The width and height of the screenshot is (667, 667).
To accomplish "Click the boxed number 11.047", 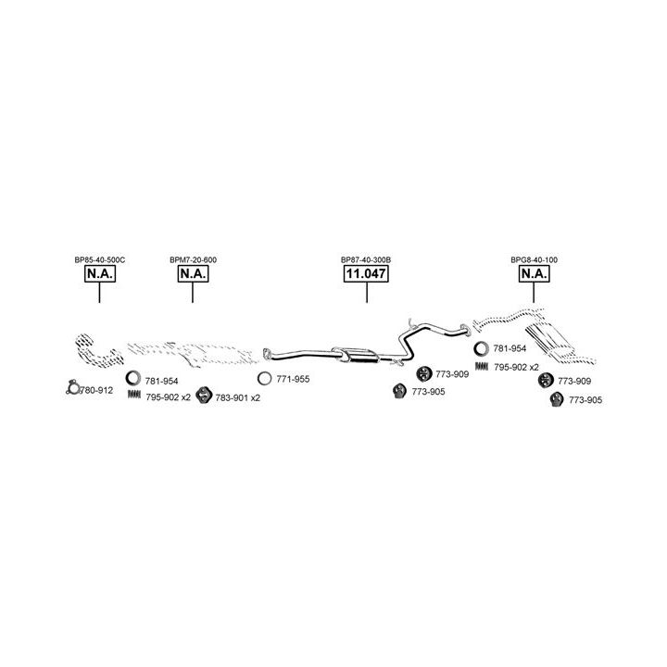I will [x=366, y=275].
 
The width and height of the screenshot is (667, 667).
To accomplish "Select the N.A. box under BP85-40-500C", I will [x=99, y=275].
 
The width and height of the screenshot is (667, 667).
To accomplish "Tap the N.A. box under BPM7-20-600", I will [x=193, y=275].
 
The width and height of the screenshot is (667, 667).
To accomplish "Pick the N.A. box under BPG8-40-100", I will [x=534, y=275].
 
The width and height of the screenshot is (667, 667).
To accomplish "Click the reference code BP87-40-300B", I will [x=366, y=260].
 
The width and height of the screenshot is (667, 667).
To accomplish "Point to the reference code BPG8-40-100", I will [x=534, y=260].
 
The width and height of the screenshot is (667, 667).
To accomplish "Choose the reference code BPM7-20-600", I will [x=193, y=260].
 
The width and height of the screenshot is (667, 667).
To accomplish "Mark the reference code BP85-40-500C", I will [x=99, y=260].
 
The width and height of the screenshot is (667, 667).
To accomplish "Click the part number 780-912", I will [x=95, y=390].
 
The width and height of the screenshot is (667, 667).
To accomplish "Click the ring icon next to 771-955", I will [x=265, y=379].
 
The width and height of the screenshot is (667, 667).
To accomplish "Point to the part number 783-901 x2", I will [x=238, y=397].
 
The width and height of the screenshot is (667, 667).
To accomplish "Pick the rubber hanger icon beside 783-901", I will [x=204, y=396].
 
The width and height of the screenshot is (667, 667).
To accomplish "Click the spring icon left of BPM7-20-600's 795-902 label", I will [x=134, y=396].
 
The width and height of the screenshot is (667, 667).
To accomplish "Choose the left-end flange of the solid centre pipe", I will [x=266, y=352].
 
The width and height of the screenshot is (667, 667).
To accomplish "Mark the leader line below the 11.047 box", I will [x=366, y=293].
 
